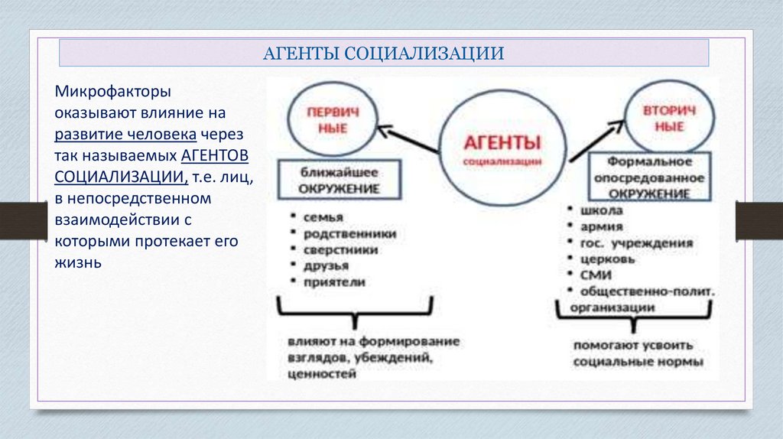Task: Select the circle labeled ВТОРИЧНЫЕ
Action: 671,118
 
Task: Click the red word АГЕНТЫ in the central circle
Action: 503,143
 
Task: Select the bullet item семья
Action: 322,216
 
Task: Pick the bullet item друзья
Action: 326,265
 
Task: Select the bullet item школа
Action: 601,210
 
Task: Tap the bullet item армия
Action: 601,226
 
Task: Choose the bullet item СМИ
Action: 595,275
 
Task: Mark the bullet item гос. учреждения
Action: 636,243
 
